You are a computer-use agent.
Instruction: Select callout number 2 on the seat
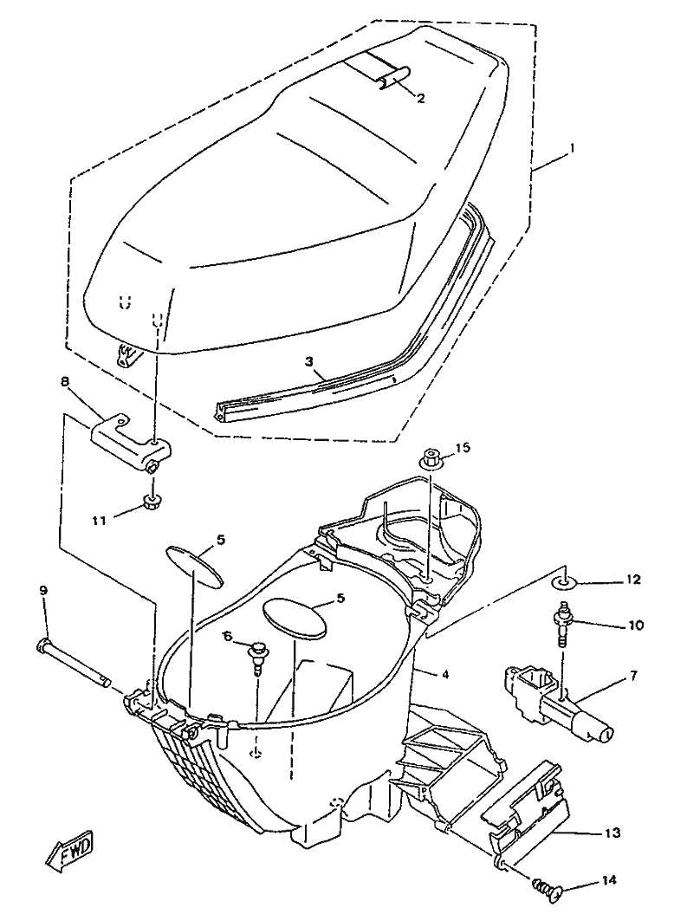click(x=421, y=98)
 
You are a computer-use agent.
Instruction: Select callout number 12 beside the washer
click(x=634, y=580)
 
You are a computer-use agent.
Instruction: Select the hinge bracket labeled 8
click(x=130, y=434)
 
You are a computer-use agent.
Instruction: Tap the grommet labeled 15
click(x=431, y=460)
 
